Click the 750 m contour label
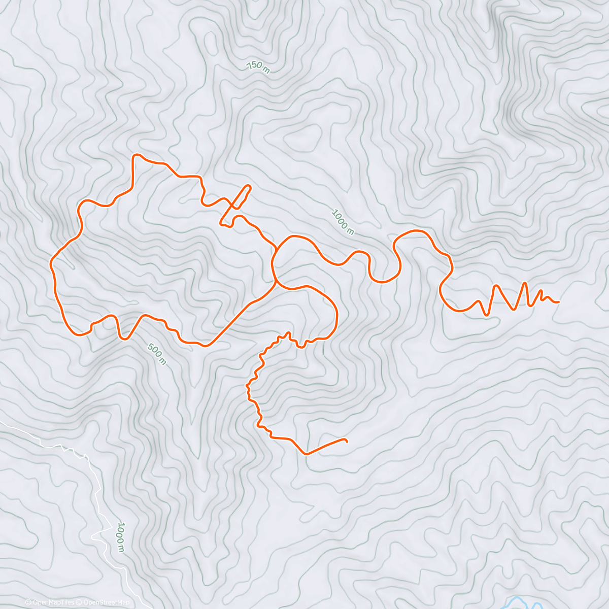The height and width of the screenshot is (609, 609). [x=258, y=67]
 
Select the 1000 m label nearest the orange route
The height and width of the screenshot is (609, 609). [x=343, y=222]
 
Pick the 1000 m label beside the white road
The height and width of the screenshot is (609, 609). [x=121, y=536]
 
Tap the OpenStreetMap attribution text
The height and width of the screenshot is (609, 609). [x=106, y=602]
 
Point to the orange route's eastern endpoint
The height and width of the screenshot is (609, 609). [x=558, y=302]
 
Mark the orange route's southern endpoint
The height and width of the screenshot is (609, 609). [x=347, y=440]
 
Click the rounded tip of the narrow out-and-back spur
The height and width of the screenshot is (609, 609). [x=249, y=186]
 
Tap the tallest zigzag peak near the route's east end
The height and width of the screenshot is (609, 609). [x=525, y=283]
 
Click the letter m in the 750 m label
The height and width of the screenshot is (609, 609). [x=266, y=70]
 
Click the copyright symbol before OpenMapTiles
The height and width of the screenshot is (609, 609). [x=28, y=602]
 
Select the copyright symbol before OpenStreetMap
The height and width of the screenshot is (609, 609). [x=79, y=602]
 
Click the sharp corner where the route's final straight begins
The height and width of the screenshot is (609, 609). [x=306, y=454]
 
